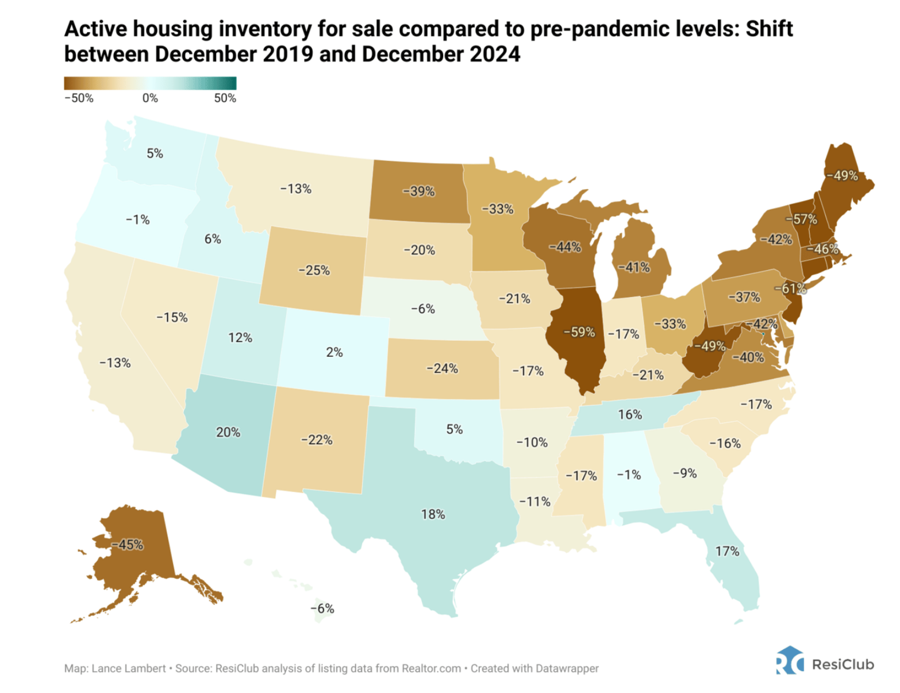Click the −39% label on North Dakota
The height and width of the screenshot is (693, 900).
(x=418, y=191)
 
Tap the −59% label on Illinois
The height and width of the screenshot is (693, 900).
(x=579, y=332)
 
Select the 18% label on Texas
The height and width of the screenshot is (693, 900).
(x=433, y=514)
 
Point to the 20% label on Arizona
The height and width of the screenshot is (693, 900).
(x=228, y=432)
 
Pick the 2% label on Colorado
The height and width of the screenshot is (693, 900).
(x=334, y=352)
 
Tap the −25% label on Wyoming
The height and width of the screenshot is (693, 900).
(x=314, y=270)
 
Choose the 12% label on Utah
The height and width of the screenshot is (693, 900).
(x=240, y=337)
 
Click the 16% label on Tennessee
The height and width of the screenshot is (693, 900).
(x=630, y=414)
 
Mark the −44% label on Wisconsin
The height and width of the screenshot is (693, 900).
(x=565, y=247)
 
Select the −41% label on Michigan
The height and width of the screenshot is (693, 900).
(x=634, y=267)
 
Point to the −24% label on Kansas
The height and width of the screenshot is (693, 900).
(x=442, y=368)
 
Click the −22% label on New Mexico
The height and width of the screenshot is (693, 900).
(x=317, y=440)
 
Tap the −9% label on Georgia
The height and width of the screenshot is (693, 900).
(x=684, y=473)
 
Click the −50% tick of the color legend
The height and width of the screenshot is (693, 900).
(x=79, y=98)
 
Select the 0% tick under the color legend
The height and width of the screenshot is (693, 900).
(x=150, y=98)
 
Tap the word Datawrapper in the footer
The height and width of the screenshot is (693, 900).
(x=567, y=668)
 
